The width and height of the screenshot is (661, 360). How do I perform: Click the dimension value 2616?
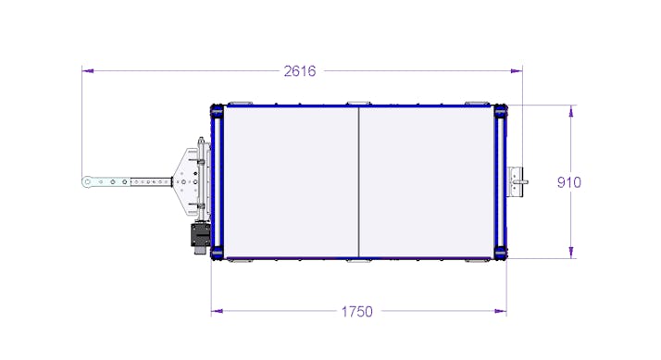pos(300,71)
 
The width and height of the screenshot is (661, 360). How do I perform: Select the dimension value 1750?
pos(356,312)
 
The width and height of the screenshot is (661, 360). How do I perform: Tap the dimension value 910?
pos(569,182)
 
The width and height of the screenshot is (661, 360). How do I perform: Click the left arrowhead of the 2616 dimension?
pos(88,71)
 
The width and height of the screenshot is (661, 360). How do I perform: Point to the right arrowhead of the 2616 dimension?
pos(517,71)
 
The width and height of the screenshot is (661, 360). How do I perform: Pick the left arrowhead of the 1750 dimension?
pos(218,312)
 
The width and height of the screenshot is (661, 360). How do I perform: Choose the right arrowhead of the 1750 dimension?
pos(501,312)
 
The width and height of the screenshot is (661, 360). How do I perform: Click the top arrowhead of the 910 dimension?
pos(571,111)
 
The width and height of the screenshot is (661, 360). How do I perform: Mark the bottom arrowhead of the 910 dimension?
pos(571,253)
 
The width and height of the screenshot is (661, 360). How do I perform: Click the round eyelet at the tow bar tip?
pos(87,182)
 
